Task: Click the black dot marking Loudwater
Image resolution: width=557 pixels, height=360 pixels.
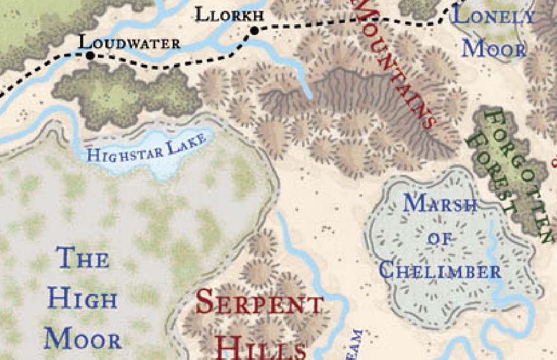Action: click(90, 56)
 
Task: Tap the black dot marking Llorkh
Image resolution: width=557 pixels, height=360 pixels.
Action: click(255, 30)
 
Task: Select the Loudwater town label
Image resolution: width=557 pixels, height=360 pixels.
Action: click(129, 43)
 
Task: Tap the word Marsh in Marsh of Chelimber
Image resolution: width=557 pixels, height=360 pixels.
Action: click(440, 204)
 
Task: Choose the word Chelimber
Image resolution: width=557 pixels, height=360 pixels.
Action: click(440, 272)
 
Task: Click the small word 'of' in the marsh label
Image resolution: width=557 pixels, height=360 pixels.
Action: click(438, 239)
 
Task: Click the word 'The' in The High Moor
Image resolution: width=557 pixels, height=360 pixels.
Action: click(83, 258)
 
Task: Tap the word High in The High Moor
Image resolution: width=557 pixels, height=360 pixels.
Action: click(83, 298)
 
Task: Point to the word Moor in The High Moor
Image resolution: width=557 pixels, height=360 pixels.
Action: click(83, 340)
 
